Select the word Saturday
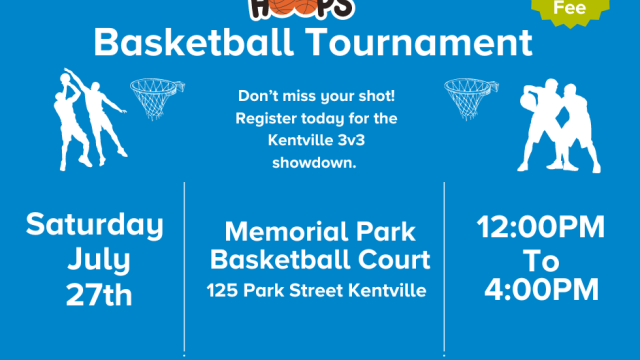tap(95, 225)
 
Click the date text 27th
tap(99, 295)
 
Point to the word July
tap(99, 260)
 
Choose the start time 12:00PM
tap(541, 227)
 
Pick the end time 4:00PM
tap(541, 289)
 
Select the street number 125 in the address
tap(221, 290)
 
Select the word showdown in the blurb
tap(314, 163)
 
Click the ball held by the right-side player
tap(527, 101)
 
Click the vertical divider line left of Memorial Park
tap(184, 265)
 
